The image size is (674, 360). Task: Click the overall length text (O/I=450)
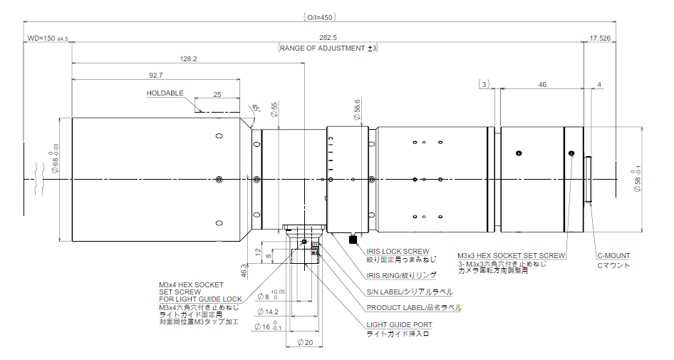tap(318, 16)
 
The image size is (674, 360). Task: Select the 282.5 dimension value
tap(327, 37)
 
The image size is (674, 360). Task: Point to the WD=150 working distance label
tap(47, 38)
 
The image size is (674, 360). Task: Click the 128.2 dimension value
tap(189, 58)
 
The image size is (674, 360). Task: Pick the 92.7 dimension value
tap(155, 74)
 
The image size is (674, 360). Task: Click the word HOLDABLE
tap(165, 93)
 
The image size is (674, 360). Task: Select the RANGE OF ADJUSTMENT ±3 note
tap(328, 48)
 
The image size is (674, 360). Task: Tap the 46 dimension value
tap(542, 84)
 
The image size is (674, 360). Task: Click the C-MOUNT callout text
tap(613, 255)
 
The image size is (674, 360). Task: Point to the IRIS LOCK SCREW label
tap(398, 251)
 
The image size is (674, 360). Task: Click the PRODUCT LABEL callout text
tap(413, 308)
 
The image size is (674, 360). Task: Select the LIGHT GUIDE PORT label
tap(399, 324)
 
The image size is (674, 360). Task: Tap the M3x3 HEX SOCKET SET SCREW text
tap(512, 255)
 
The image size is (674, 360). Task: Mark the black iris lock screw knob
tap(353, 240)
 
